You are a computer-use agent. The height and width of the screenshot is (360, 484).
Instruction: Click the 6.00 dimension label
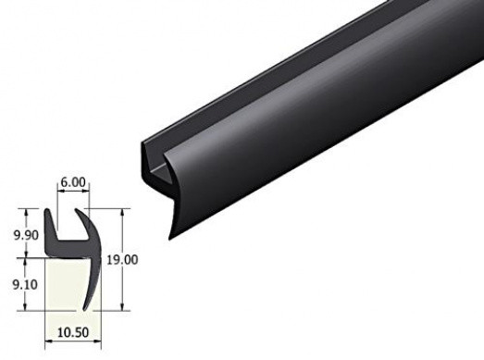pos(73,182)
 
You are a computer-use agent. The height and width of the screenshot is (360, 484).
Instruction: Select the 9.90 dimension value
pos(26,235)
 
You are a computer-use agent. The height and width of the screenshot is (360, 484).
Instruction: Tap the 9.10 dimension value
pos(25,284)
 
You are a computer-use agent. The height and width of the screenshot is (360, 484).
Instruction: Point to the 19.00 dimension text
pos(122,260)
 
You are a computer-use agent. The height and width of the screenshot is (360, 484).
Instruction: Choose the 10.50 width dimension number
pos(73,332)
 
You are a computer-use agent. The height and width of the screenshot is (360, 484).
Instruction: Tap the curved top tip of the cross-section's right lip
pos(76,211)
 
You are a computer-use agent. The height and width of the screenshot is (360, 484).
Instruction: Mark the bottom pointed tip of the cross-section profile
pos(84,309)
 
